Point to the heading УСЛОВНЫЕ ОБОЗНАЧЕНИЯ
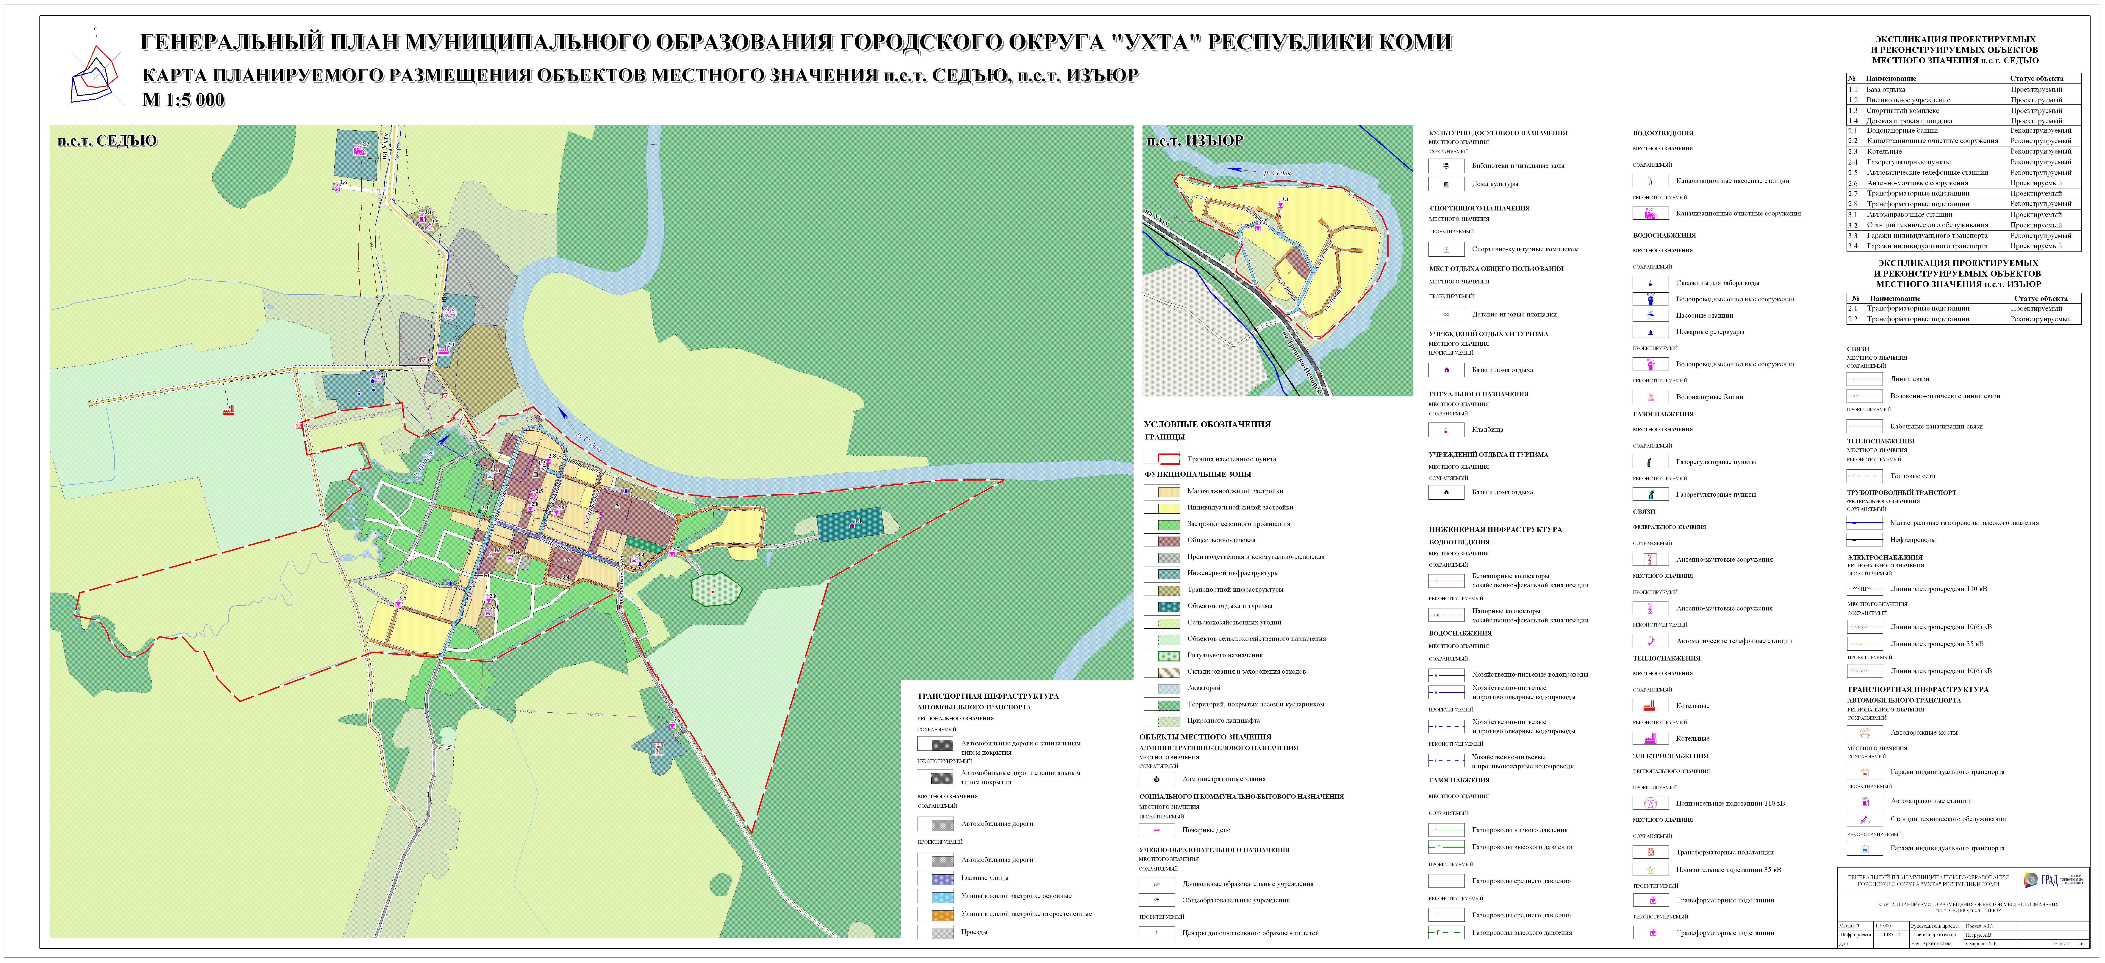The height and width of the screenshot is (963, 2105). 1207,424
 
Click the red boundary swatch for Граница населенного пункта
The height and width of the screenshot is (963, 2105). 1161,459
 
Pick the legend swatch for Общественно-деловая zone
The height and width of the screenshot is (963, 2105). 1161,540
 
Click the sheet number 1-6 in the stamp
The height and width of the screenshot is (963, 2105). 2079,943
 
